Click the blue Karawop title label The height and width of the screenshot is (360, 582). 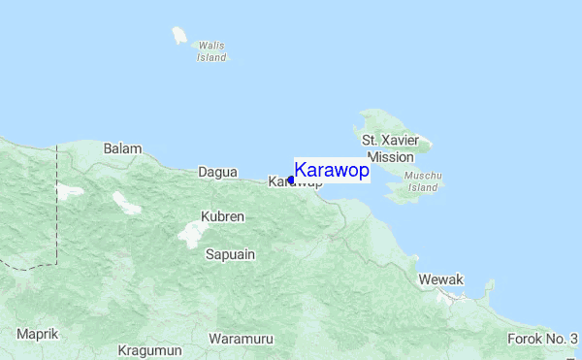tap(332, 171)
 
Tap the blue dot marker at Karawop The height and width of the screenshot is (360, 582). tap(291, 180)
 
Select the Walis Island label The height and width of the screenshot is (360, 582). tap(211, 51)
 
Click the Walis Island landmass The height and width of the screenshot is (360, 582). tap(179, 36)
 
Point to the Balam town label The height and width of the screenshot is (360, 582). tap(123, 148)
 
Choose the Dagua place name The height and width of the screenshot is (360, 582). tap(217, 172)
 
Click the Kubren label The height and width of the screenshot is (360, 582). tap(222, 215)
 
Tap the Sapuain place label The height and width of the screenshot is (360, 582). tap(230, 254)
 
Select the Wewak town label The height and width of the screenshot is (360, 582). tap(441, 279)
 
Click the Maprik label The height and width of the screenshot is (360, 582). tap(38, 334)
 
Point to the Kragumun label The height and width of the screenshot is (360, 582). tap(150, 349)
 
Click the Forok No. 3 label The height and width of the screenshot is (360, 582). tap(542, 339)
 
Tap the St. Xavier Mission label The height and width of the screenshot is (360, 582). tap(391, 148)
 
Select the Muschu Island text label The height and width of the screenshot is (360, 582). tap(425, 181)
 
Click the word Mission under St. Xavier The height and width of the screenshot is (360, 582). tap(391, 156)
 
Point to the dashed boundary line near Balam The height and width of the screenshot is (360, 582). tap(57, 194)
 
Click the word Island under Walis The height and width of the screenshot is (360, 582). tap(211, 57)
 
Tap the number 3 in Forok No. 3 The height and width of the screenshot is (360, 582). tap(574, 339)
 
